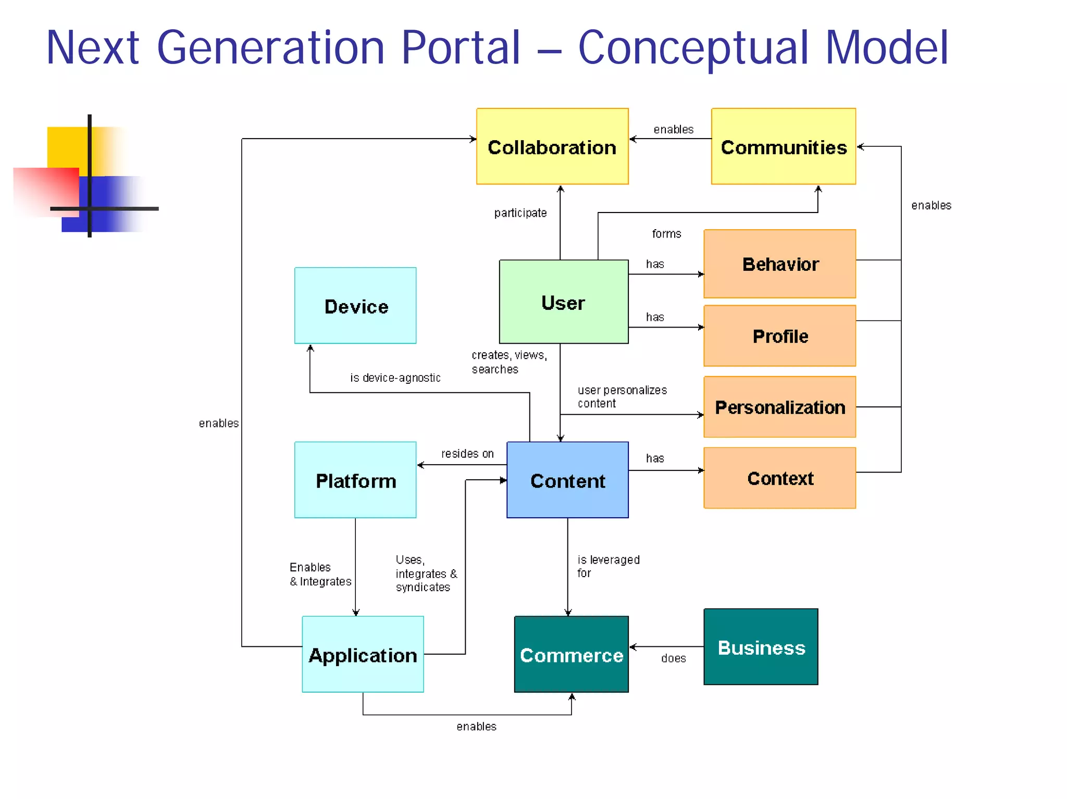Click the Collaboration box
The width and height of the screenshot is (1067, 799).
pos(552,146)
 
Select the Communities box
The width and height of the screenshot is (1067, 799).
pos(783,146)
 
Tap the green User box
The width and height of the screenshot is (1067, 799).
pos(563,302)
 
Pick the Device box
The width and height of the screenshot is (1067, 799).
pos(355,306)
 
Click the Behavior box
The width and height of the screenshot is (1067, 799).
pos(779,264)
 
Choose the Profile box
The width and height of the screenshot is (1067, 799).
pos(779,336)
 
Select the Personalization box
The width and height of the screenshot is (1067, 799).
pos(779,407)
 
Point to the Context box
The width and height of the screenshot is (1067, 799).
pos(779,478)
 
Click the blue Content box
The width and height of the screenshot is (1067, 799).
pos(567,480)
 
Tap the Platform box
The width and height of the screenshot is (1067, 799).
pos(355,480)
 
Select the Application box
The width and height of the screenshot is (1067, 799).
pos(363,654)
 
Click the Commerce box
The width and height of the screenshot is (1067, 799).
pos(571,654)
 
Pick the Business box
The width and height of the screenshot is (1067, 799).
pos(761,647)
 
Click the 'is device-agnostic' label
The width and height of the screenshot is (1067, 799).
pos(395,378)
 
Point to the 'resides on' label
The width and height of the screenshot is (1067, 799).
pos(467,454)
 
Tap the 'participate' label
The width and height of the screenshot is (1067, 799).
pos(520,213)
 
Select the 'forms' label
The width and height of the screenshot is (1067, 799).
pos(666,234)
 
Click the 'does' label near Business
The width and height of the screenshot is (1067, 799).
pos(673,658)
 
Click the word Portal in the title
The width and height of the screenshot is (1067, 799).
pos(461,48)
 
